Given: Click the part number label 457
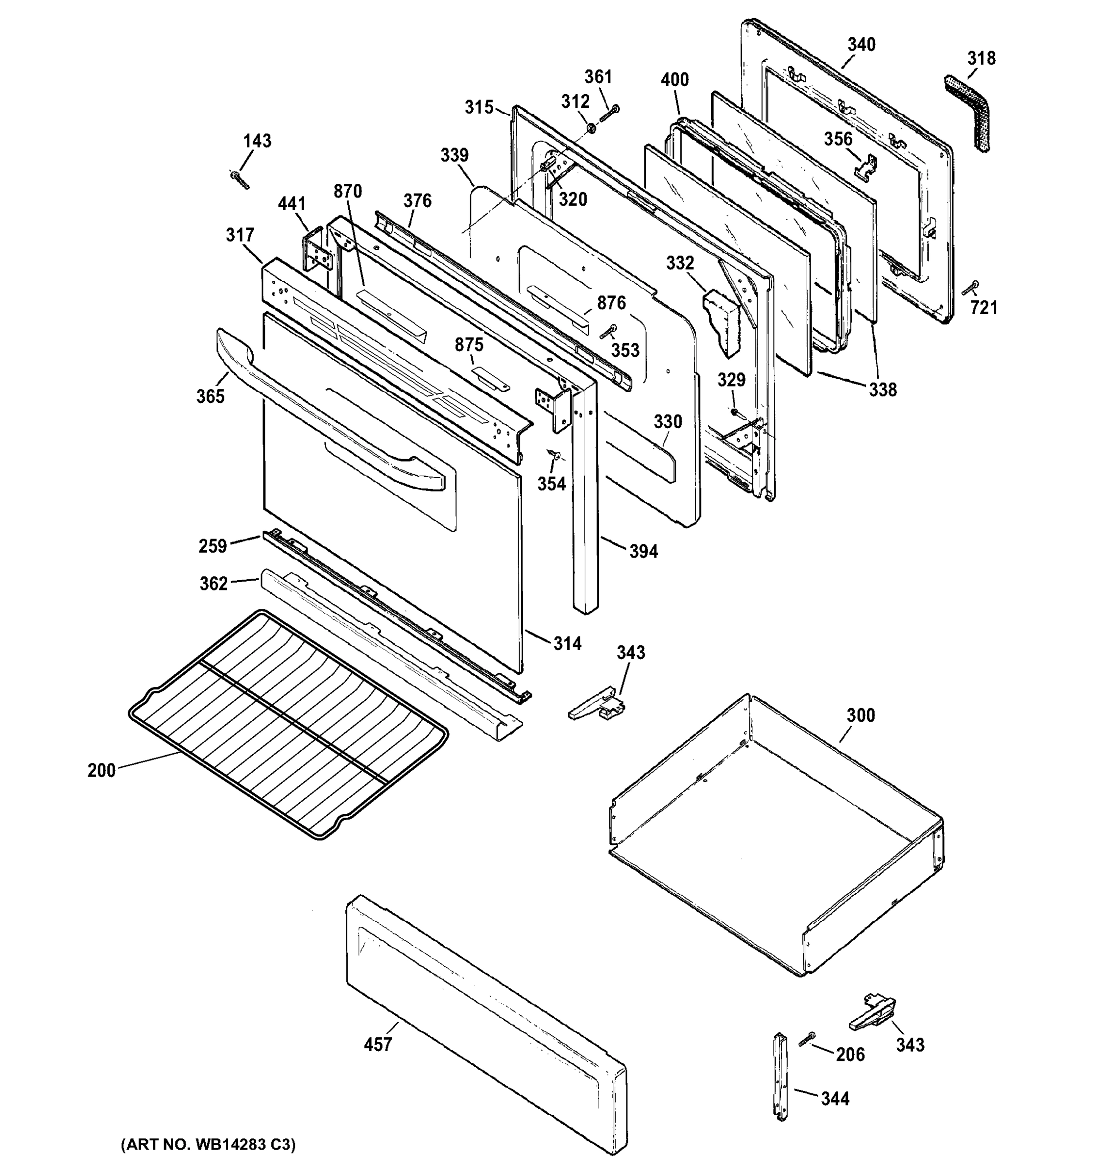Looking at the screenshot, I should click(x=378, y=1045).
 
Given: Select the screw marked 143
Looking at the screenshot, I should click(x=240, y=179).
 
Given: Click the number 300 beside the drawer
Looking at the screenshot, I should click(x=860, y=715).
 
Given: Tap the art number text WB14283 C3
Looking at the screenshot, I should click(x=208, y=1145).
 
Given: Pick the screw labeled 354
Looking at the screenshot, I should click(x=554, y=453).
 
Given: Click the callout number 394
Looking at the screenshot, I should click(x=643, y=551).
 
